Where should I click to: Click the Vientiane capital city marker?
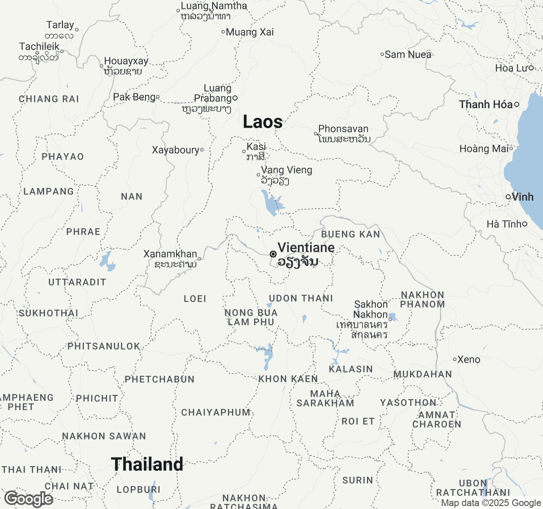coord(273,254)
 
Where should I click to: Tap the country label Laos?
coord(263,122)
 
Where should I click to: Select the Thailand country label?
coord(147,464)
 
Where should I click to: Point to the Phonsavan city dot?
coord(316,134)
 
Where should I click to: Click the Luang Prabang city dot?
coord(235,98)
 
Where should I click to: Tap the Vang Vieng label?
coord(286,170)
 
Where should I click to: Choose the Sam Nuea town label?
coord(408,55)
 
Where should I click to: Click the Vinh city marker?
coord(508,197)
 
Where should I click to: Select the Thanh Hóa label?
coord(486,104)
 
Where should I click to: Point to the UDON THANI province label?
coord(301,298)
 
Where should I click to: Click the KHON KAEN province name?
coord(288,379)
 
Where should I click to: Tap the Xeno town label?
coord(469,360)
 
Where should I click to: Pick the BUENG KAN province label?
coord(350,234)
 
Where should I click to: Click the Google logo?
coord(29,499)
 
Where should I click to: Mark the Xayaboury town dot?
coord(202,150)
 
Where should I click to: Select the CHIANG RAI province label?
coord(49,99)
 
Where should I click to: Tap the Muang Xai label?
coord(250,32)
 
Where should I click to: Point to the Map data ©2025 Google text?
coord(491,503)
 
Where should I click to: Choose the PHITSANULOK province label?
coord(104,346)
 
